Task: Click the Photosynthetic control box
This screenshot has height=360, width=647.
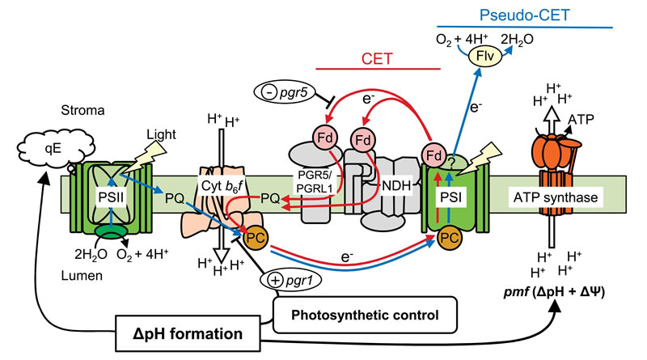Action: (340, 311)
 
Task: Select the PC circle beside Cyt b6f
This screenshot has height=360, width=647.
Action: (254, 236)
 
